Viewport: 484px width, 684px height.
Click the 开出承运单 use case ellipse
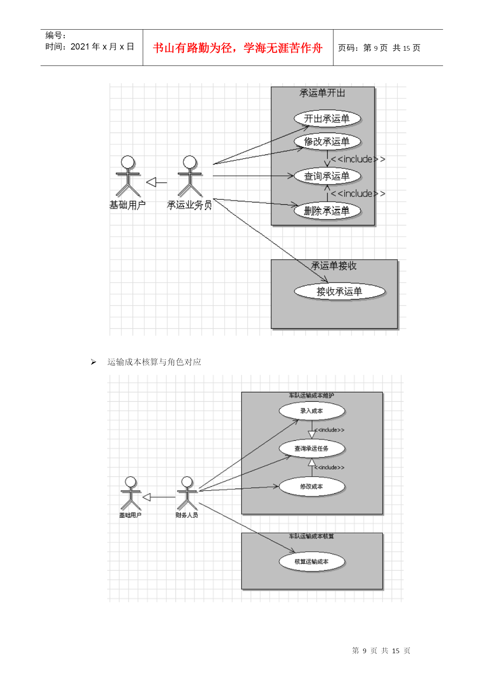click(327, 119)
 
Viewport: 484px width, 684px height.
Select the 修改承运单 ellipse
click(327, 142)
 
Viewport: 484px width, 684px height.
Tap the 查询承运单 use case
click(327, 176)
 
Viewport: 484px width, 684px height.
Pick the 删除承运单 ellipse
click(327, 211)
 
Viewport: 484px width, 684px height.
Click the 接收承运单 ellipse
click(339, 291)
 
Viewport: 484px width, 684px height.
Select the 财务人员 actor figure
click(187, 494)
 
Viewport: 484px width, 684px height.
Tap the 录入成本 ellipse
click(312, 411)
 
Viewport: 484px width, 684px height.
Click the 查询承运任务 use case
click(312, 448)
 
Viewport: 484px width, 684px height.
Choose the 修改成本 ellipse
click(312, 486)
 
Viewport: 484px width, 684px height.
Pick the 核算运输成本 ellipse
click(312, 562)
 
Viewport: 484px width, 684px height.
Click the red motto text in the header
click(238, 48)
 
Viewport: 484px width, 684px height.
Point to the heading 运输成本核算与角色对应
click(154, 362)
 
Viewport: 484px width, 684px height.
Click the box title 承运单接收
click(334, 266)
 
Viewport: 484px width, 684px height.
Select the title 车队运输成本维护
click(311, 395)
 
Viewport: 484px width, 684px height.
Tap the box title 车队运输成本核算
click(311, 536)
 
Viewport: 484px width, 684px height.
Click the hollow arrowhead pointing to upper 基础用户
click(151, 182)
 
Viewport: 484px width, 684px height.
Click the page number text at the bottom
click(381, 650)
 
